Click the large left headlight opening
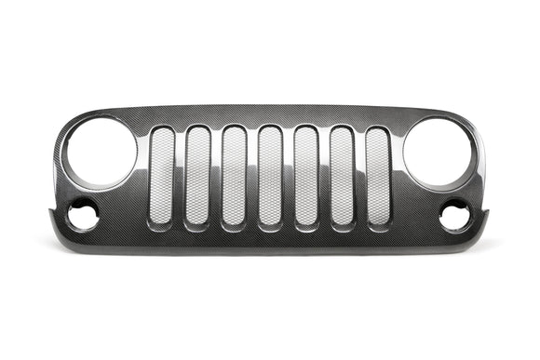[x=99, y=152]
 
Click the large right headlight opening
[x=439, y=152]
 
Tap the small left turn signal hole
[x=83, y=217]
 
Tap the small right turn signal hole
[x=455, y=217]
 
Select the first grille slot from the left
[x=161, y=176]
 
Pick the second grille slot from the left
[x=197, y=176]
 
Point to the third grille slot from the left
[x=234, y=176]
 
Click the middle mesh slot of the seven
[x=270, y=176]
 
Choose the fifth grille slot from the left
[x=305, y=176]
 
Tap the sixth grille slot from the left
[x=342, y=176]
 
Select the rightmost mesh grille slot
[x=377, y=176]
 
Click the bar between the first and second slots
[x=180, y=176]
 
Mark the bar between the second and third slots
[x=216, y=176]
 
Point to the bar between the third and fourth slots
[x=252, y=176]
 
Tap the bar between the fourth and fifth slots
[x=288, y=176]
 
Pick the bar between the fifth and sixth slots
[x=324, y=176]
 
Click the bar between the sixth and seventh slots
[x=359, y=176]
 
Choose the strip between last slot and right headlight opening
[x=397, y=177]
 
